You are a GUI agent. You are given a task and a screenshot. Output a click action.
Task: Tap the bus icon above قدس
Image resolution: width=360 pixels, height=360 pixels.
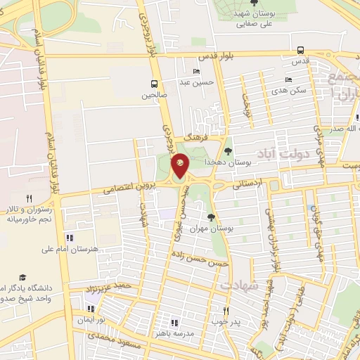(x=301, y=50)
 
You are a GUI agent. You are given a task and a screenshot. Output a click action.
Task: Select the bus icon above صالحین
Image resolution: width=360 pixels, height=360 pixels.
(x=154, y=83)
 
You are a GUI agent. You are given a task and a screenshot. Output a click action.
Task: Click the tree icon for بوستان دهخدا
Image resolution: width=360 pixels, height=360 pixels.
(x=227, y=150)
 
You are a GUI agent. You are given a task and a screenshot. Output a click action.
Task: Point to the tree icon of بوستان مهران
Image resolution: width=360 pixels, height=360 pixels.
(x=212, y=218)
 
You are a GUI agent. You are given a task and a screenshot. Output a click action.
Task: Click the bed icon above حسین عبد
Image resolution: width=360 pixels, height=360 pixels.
(x=195, y=71)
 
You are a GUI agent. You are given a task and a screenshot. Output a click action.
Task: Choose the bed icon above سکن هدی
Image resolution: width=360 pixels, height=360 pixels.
(x=288, y=81)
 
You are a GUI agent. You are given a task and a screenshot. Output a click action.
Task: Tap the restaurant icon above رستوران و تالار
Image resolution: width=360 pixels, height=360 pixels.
(x=29, y=198)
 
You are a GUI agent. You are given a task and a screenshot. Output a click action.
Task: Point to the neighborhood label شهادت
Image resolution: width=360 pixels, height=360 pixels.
(x=238, y=286)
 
